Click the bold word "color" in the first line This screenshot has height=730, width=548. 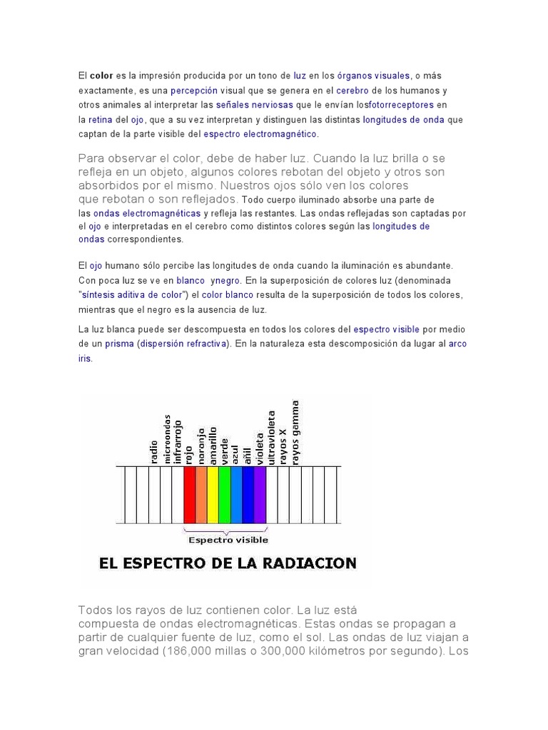click(101, 75)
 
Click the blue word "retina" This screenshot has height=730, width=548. click(101, 120)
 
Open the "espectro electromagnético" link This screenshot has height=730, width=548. click(260, 134)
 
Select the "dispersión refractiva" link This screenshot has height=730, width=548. click(184, 344)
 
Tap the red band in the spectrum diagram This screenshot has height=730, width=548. click(189, 494)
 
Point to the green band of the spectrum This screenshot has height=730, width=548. click(224, 494)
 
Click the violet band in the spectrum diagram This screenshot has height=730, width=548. click(260, 494)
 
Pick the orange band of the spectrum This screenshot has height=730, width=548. click(201, 494)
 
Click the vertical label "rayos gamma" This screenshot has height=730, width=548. click(296, 432)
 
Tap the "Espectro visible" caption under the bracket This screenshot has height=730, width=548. click(226, 540)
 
